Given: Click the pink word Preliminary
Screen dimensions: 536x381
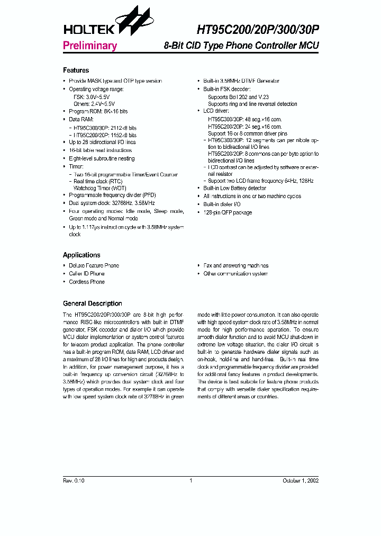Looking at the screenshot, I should [x=89, y=46].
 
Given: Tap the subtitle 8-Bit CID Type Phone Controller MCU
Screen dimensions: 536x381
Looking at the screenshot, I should [x=241, y=46].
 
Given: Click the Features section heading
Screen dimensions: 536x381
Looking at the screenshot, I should [x=76, y=70].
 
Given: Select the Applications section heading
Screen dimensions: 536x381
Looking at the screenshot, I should [x=81, y=255].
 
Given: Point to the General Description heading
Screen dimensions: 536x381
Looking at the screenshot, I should [x=92, y=303].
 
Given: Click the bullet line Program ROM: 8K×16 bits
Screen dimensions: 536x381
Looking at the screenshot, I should [x=98, y=112].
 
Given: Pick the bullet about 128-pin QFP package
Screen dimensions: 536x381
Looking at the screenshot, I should [x=228, y=212].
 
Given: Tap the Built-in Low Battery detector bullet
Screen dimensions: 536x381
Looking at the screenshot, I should [x=234, y=188].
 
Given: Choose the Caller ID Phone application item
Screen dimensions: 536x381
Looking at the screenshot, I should [x=86, y=274].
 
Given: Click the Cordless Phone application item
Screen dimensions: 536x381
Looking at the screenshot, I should [x=86, y=282].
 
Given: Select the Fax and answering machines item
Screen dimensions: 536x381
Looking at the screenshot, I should [x=235, y=265].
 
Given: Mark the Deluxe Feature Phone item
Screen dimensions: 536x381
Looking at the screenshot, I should [x=94, y=265].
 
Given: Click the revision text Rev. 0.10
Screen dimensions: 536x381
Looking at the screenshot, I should [x=74, y=480].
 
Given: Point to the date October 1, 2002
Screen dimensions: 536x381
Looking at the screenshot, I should [x=301, y=480].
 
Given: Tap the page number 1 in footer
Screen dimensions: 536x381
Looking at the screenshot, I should [x=190, y=480].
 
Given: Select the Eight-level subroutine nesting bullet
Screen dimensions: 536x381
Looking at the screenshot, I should [x=102, y=158].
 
